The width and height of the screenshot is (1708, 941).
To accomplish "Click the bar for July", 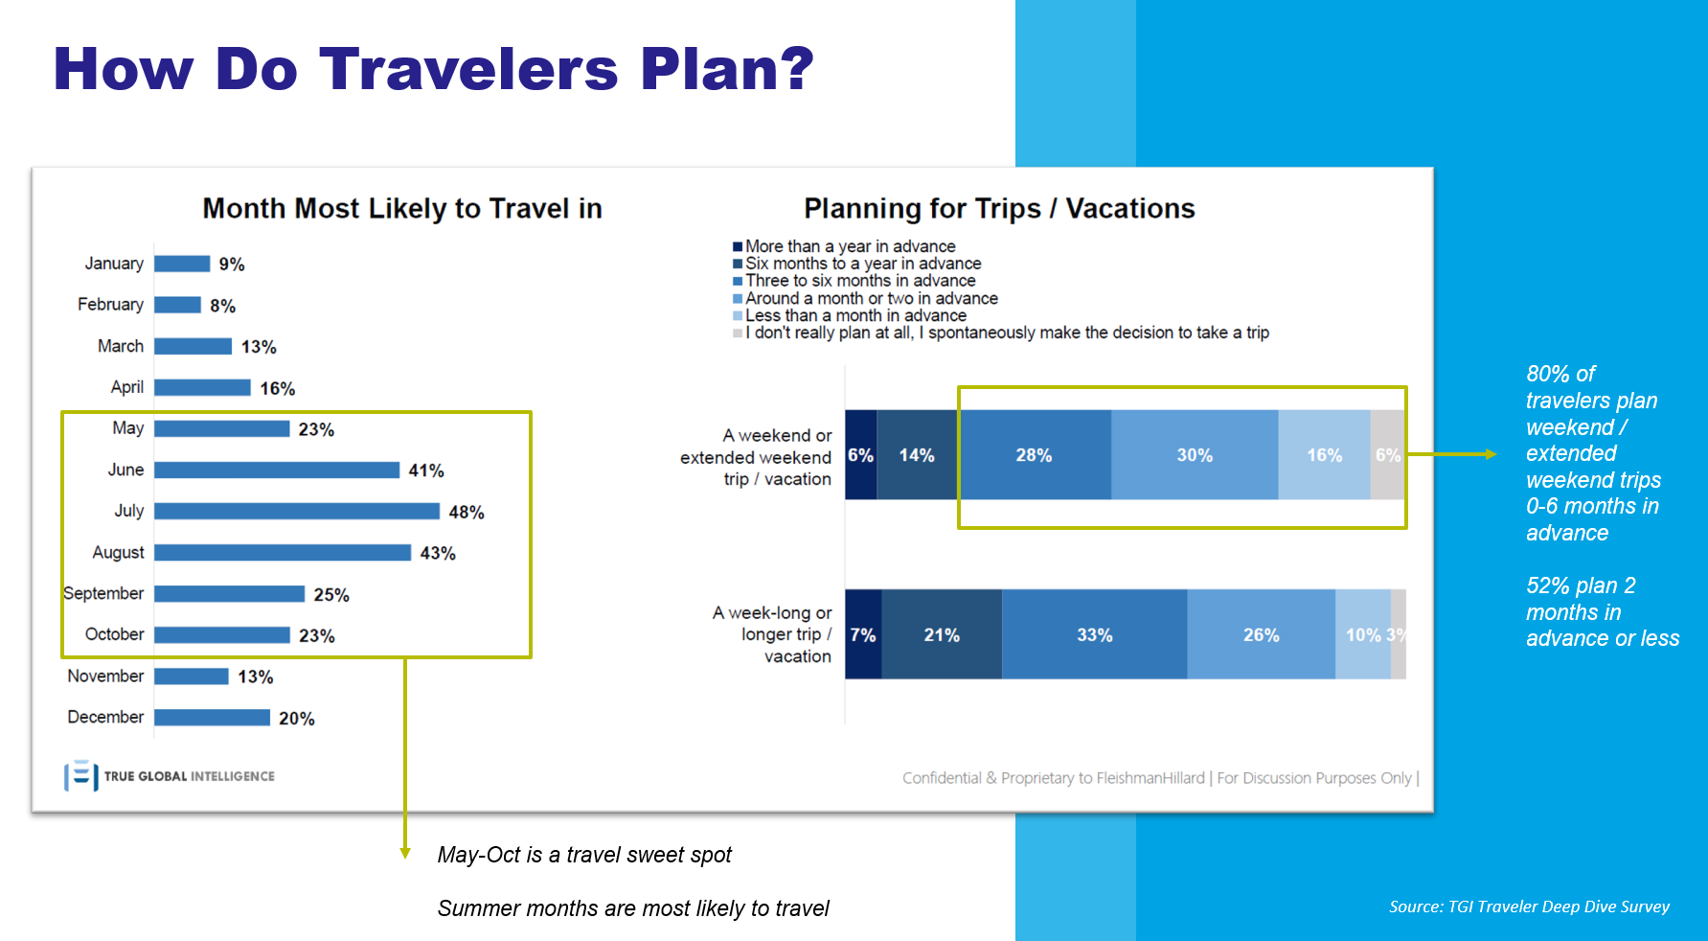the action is (x=297, y=512).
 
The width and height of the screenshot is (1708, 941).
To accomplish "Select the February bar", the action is (x=177, y=305).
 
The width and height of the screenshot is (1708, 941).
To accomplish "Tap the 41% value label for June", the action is (x=426, y=470).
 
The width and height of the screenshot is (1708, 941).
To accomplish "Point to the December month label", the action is (x=105, y=717).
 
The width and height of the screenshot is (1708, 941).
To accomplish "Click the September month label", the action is (x=103, y=593).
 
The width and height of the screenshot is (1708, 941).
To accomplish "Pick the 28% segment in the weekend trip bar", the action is (x=1035, y=455).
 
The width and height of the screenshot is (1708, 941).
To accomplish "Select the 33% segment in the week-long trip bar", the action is (x=1095, y=634).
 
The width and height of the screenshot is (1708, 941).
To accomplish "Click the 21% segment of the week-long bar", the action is (x=942, y=634).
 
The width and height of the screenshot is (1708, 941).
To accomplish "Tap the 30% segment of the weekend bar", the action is (x=1195, y=455).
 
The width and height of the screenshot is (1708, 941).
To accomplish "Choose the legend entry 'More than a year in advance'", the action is (x=844, y=246).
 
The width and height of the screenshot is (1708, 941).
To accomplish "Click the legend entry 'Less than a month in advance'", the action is (x=850, y=315).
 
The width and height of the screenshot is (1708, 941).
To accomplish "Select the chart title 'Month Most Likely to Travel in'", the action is (x=402, y=209).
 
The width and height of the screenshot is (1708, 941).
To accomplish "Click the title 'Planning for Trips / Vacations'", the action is (x=999, y=209).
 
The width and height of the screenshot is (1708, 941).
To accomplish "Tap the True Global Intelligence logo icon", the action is (x=81, y=776).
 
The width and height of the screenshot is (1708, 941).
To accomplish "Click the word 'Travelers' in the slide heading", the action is (x=469, y=69).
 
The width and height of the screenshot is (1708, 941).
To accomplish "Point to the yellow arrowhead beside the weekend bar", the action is (x=1491, y=454).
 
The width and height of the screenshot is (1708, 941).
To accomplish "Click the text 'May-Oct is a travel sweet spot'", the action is (x=584, y=855).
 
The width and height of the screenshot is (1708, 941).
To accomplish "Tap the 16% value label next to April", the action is (x=278, y=388).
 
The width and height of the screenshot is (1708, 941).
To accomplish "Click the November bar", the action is (x=192, y=677).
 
